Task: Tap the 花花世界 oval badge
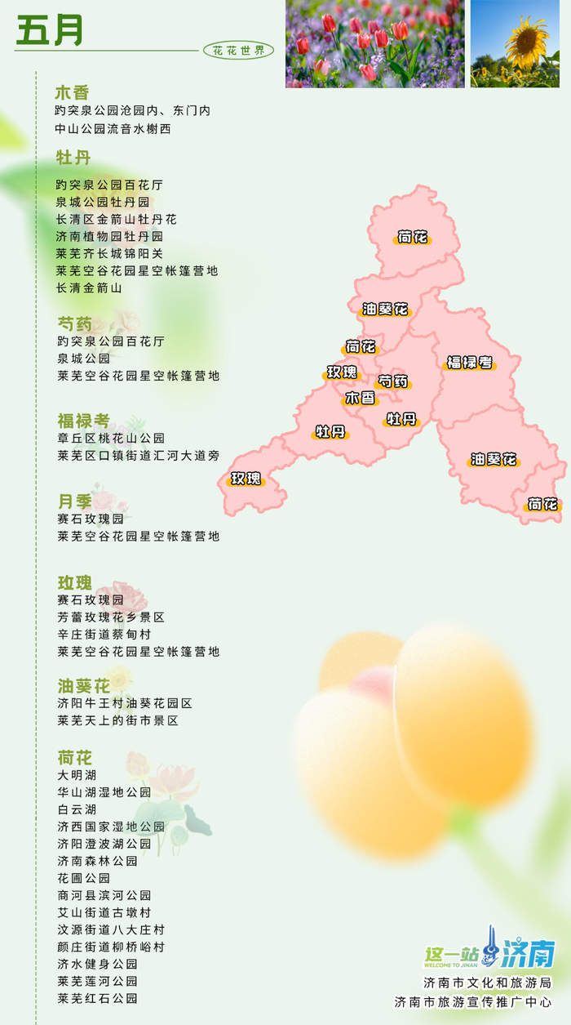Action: pyautogui.click(x=238, y=51)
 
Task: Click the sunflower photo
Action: pyautogui.click(x=515, y=43)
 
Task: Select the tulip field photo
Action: pyautogui.click(x=374, y=43)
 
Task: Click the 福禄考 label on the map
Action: pyautogui.click(x=470, y=362)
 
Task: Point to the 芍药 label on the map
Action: pyautogui.click(x=393, y=381)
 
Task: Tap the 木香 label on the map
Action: pyautogui.click(x=361, y=398)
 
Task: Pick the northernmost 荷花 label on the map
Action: pyautogui.click(x=413, y=238)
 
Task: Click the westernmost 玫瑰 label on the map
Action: pyautogui.click(x=246, y=478)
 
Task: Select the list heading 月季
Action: pyautogui.click(x=74, y=501)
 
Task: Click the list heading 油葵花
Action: pyautogui.click(x=83, y=685)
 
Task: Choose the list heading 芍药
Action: pyautogui.click(x=74, y=323)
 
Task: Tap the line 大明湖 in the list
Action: pyautogui.click(x=77, y=774)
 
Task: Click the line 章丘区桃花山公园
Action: pyautogui.click(x=111, y=438)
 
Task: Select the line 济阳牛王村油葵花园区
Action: pyautogui.click(x=124, y=703)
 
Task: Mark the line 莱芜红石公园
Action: pyautogui.click(x=97, y=998)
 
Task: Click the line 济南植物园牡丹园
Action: pyautogui.click(x=109, y=236)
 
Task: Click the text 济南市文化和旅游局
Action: pyautogui.click(x=487, y=983)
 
